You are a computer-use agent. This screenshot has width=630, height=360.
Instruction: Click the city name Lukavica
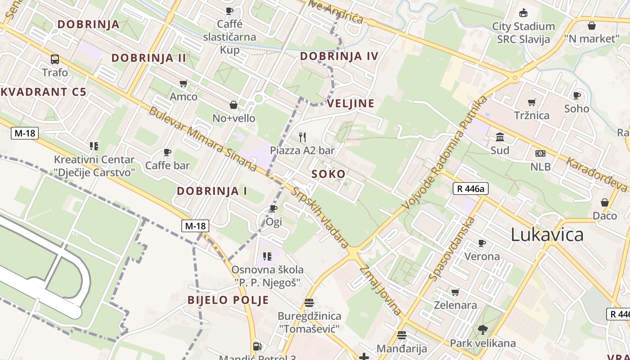click(547, 234)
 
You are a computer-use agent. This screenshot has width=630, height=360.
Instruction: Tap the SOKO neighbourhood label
click(328, 174)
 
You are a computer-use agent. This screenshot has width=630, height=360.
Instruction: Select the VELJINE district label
click(351, 103)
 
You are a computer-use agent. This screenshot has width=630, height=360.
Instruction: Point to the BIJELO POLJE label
click(228, 300)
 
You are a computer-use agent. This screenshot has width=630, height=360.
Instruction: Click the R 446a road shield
click(470, 189)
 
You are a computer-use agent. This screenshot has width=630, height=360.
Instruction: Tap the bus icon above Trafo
click(55, 59)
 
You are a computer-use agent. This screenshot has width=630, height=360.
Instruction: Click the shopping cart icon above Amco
click(183, 83)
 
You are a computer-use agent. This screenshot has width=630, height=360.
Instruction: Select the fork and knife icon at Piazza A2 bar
click(302, 137)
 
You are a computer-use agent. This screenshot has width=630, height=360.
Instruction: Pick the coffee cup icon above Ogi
click(273, 208)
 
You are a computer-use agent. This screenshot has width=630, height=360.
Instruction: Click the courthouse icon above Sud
click(499, 137)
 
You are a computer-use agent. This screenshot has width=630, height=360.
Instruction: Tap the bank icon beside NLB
click(540, 153)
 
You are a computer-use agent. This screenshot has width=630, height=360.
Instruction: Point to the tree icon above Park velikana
click(483, 329)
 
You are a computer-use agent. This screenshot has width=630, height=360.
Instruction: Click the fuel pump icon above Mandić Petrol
click(257, 346)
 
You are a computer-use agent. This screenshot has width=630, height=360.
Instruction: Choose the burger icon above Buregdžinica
click(309, 302)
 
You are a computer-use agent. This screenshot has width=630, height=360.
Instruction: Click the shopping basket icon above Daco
click(605, 202)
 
